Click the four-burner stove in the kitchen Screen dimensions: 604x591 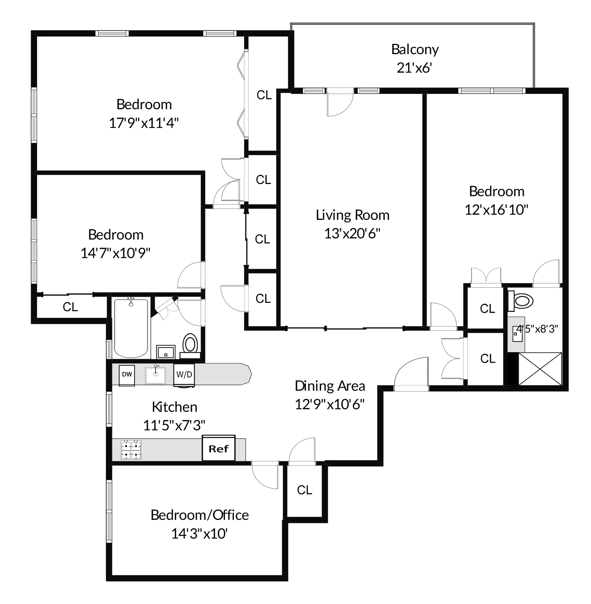[x=131, y=450]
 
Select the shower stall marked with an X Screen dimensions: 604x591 [x=540, y=369]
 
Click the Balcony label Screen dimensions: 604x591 [x=415, y=49]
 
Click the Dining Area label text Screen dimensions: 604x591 [x=330, y=386]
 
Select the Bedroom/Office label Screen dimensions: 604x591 [x=200, y=515]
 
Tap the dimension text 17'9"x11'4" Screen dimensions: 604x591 [x=144, y=123]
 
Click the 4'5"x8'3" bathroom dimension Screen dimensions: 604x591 [x=537, y=329]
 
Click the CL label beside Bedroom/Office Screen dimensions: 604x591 [x=304, y=490]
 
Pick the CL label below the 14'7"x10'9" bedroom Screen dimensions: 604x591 [x=70, y=307]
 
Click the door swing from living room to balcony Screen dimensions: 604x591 [x=340, y=104]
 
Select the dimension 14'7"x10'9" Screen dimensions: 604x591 [x=115, y=253]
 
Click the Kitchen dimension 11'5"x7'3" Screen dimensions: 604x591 [x=174, y=425]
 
